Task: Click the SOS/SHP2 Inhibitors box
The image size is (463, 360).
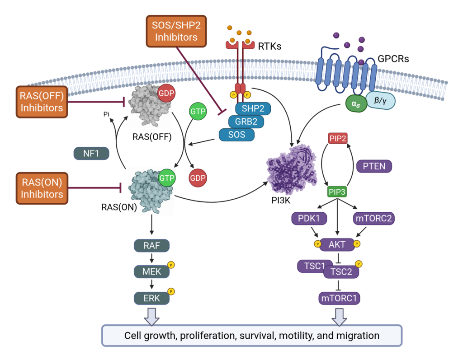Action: (176, 30)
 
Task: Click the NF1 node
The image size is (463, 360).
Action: (92, 153)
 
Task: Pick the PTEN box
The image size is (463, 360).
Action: (374, 166)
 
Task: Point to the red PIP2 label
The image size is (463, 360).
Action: (338, 139)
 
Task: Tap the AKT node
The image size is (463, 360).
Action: (337, 244)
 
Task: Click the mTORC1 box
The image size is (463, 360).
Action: (337, 298)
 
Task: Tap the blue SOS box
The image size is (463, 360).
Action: (236, 135)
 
